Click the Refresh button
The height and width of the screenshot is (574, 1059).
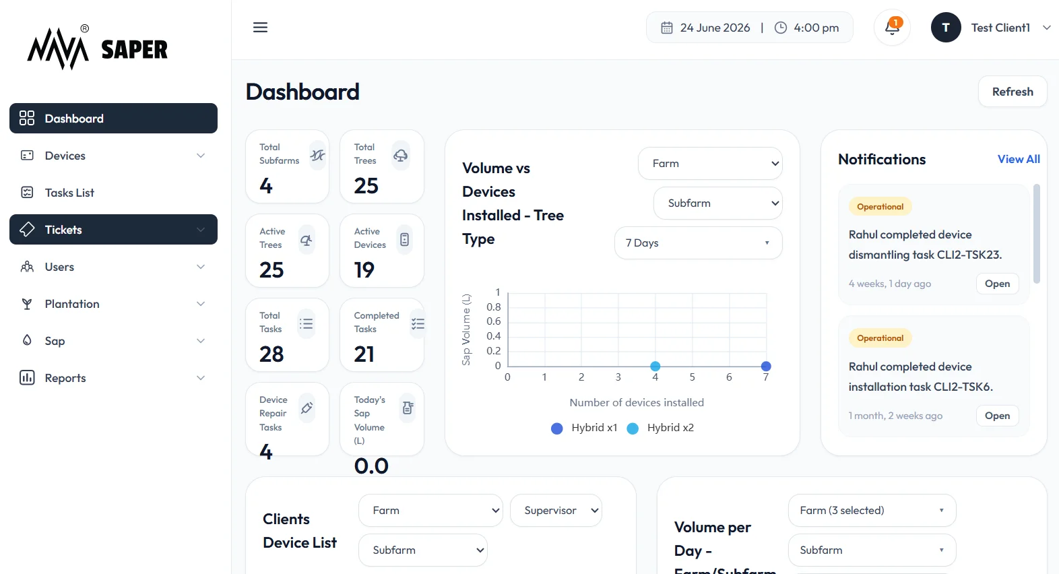point(1013,91)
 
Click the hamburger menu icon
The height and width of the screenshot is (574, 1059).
point(260,28)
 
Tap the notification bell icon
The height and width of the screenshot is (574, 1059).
point(892,28)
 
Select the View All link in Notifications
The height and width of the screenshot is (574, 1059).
point(1019,160)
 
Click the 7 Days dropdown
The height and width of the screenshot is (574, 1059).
point(698,243)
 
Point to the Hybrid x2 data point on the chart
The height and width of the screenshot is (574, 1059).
point(655,366)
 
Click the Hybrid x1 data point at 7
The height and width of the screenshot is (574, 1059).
point(766,366)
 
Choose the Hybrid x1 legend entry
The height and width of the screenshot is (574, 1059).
point(584,428)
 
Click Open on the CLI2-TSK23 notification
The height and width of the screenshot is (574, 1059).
point(997,284)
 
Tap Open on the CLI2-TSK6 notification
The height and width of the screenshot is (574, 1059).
point(997,416)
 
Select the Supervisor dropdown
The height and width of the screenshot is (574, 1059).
point(556,510)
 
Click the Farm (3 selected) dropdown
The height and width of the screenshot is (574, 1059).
point(872,510)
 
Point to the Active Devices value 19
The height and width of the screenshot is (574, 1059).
point(364,270)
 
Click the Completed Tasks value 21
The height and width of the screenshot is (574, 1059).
point(364,354)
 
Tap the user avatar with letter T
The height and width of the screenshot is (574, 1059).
point(946,28)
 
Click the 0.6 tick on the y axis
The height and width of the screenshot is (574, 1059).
point(494,321)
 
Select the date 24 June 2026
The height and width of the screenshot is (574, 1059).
point(715,28)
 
